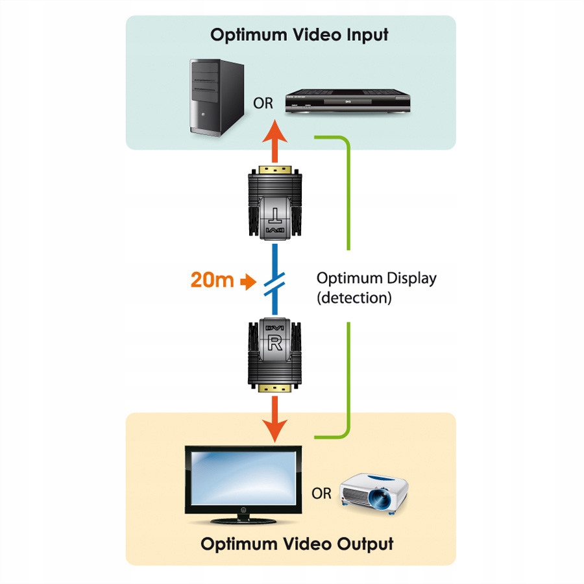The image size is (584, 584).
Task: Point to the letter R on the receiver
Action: [x=275, y=344]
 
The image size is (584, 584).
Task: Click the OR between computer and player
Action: [x=263, y=104]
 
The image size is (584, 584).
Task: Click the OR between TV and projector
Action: [x=321, y=494]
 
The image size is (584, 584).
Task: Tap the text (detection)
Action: [x=354, y=298]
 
